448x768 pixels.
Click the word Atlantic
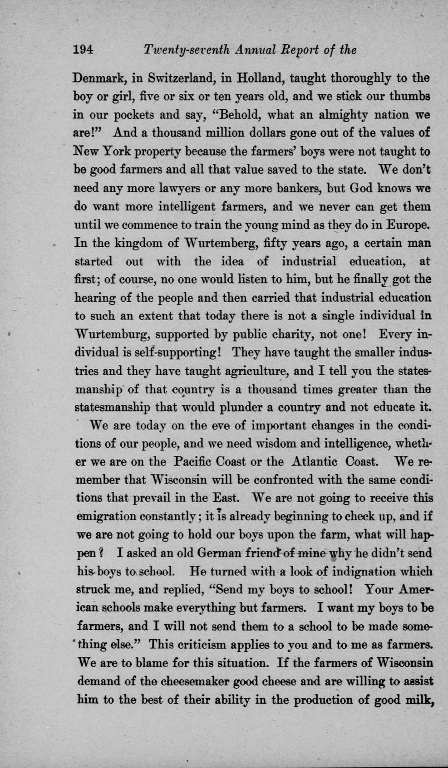click(x=315, y=462)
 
